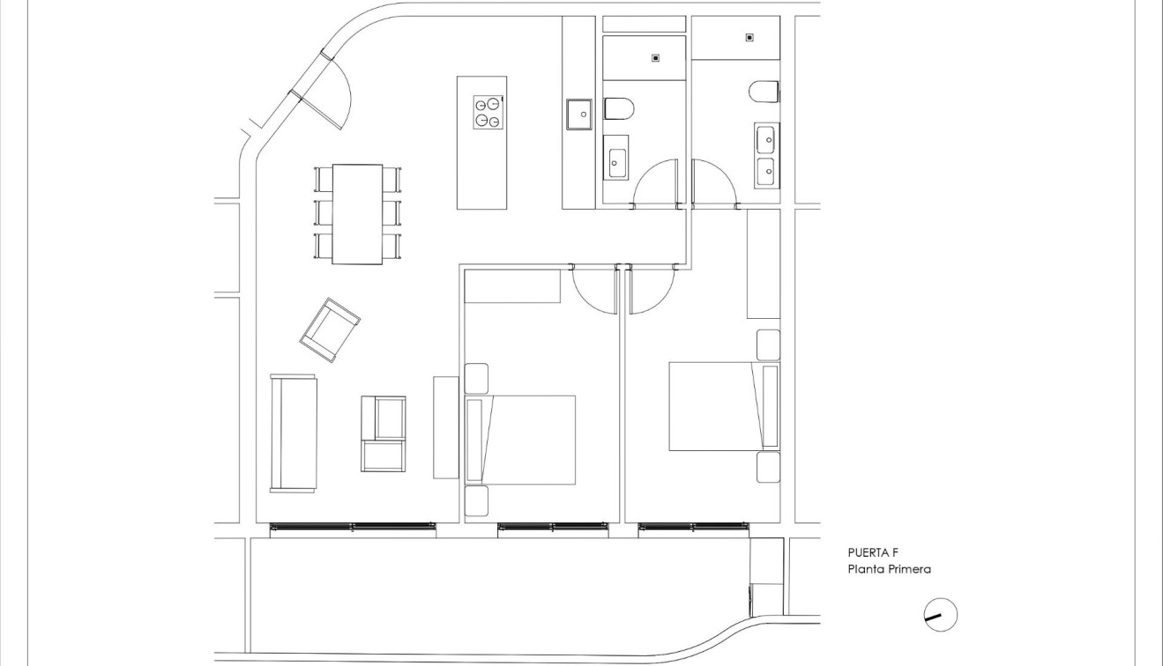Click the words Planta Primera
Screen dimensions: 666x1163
[889, 570]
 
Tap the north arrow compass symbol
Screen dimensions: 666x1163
[941, 615]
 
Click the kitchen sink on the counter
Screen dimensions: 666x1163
[579, 115]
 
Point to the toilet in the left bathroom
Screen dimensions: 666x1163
[619, 109]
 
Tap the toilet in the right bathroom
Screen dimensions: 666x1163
[764, 91]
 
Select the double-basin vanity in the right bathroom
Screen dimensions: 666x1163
[765, 155]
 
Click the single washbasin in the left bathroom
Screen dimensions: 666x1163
[615, 159]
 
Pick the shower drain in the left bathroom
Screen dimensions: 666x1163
[655, 58]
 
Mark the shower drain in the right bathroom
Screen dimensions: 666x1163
[749, 37]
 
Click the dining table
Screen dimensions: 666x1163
[357, 214]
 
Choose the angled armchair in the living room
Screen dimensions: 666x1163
[330, 329]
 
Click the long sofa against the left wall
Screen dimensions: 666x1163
[293, 433]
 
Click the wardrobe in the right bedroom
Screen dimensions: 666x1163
[764, 263]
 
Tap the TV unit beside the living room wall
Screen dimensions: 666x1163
[446, 427]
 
